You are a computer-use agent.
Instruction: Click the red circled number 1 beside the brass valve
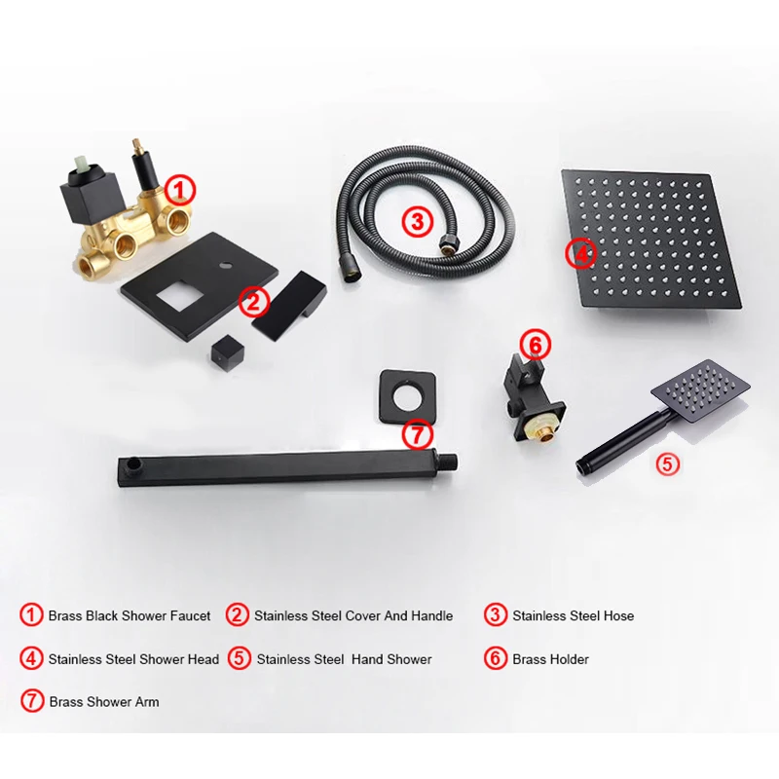[181, 188]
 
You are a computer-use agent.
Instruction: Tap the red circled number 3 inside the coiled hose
[417, 221]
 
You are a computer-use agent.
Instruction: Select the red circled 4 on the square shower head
[580, 255]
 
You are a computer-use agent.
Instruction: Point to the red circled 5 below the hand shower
[666, 464]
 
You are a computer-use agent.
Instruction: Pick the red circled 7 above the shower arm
[415, 432]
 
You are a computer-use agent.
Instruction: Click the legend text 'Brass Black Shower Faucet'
[130, 615]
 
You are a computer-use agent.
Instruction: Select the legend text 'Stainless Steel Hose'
[573, 615]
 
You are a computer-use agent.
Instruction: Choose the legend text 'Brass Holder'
[550, 659]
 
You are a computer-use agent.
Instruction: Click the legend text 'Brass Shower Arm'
[103, 701]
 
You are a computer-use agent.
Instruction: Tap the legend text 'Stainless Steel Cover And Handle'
[353, 615]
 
